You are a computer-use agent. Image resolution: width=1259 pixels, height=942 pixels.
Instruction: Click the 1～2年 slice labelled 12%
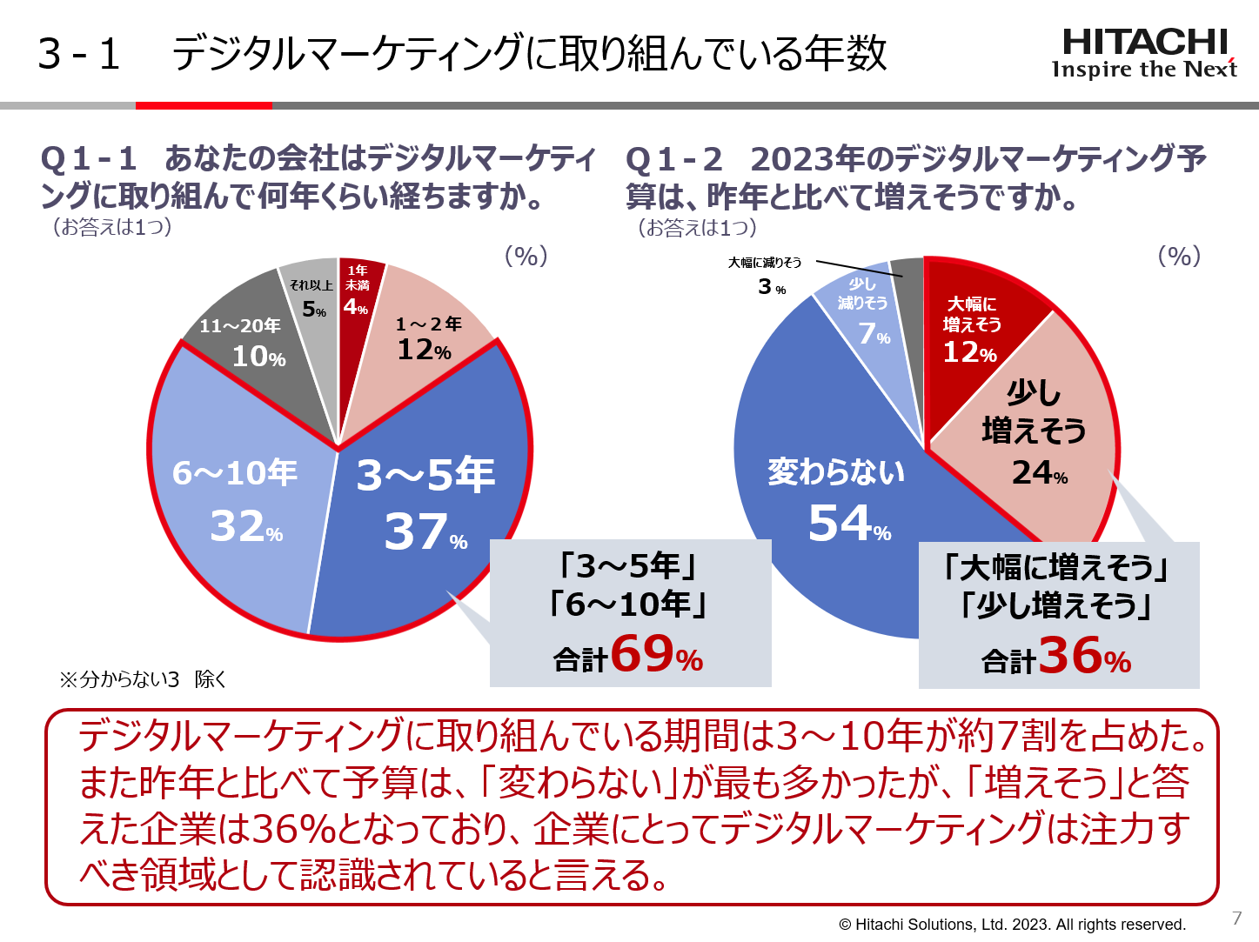[x=426, y=339]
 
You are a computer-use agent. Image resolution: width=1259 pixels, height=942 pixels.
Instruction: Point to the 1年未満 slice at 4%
[x=356, y=291]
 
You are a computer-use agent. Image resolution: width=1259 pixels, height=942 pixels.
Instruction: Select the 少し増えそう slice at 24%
[x=1035, y=435]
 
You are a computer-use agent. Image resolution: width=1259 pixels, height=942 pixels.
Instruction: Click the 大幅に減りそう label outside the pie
[x=765, y=263]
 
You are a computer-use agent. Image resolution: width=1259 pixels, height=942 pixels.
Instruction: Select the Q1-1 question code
[x=89, y=159]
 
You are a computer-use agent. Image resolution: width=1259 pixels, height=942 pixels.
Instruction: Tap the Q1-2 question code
[x=674, y=159]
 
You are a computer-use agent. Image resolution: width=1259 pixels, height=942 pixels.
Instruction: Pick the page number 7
[x=1236, y=919]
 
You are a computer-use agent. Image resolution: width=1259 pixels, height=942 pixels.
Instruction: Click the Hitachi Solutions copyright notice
[x=1012, y=925]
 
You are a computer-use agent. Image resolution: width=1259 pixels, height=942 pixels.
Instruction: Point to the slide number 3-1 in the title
[x=78, y=54]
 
